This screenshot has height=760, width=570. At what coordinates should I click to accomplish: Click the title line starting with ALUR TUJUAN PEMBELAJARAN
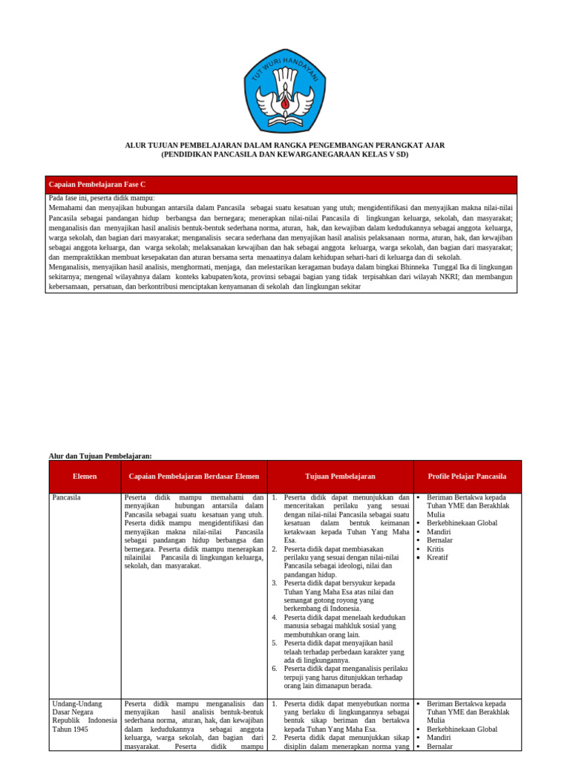coord(285,145)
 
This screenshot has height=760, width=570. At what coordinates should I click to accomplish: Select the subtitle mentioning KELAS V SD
coord(285,154)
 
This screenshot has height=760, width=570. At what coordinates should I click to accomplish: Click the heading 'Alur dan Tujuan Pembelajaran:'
coord(100,455)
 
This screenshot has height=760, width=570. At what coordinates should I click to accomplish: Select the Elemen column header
coord(85,476)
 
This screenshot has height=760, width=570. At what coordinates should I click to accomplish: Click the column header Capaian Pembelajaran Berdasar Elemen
coord(194,476)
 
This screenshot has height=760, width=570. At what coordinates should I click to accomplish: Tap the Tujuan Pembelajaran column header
coord(340,476)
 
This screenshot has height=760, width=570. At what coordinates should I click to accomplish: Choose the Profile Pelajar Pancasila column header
coord(467,476)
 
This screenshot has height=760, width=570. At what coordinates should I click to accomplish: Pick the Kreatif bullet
coord(438,557)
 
